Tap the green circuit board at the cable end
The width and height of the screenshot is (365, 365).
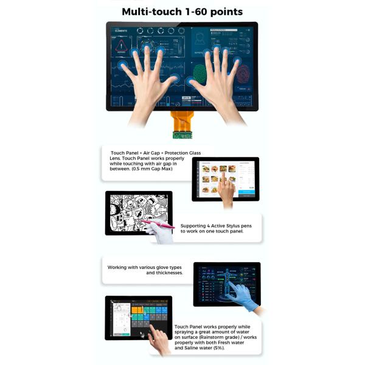pyautogui.click(x=182, y=135)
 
